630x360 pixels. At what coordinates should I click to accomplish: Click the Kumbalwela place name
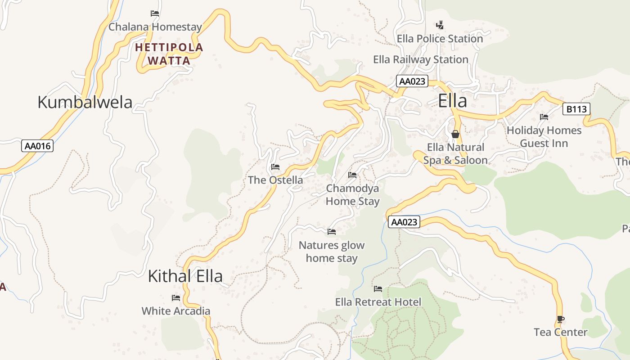(85, 102)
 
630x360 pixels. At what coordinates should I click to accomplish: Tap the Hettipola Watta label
(169, 54)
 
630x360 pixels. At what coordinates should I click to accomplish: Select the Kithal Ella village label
(185, 276)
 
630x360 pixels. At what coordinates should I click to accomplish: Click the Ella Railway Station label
(421, 59)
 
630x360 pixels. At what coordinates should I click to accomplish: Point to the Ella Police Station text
(440, 39)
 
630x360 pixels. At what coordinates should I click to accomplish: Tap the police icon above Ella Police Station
(440, 25)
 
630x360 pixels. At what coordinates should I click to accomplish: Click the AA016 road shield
(37, 146)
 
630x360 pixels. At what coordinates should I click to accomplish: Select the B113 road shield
(576, 109)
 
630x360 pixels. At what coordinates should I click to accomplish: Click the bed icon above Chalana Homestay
(155, 13)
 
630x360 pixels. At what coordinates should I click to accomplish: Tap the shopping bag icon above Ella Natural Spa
(455, 134)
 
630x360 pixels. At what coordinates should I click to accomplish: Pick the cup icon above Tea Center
(560, 319)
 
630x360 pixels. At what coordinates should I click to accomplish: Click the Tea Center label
(560, 332)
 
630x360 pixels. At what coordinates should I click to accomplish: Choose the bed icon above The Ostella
(275, 167)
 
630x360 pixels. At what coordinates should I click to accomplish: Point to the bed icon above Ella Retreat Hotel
(378, 288)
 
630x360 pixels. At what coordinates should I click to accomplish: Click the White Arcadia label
(175, 311)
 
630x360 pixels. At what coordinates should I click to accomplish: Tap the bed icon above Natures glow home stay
(332, 232)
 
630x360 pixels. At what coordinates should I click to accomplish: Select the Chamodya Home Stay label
(352, 195)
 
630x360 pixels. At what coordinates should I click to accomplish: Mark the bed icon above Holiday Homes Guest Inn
(544, 117)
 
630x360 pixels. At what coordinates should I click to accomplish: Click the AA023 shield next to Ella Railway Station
(412, 81)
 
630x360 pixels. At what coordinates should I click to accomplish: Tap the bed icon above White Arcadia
(175, 298)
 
